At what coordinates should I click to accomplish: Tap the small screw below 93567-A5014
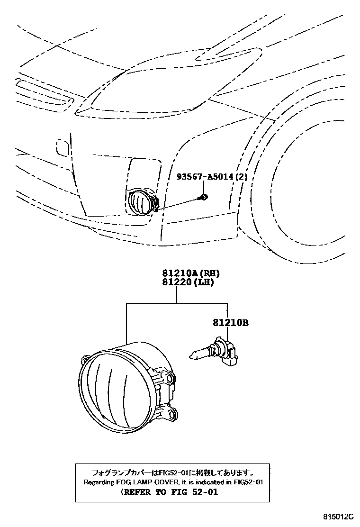[204, 196]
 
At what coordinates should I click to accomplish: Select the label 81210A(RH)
[185, 273]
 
